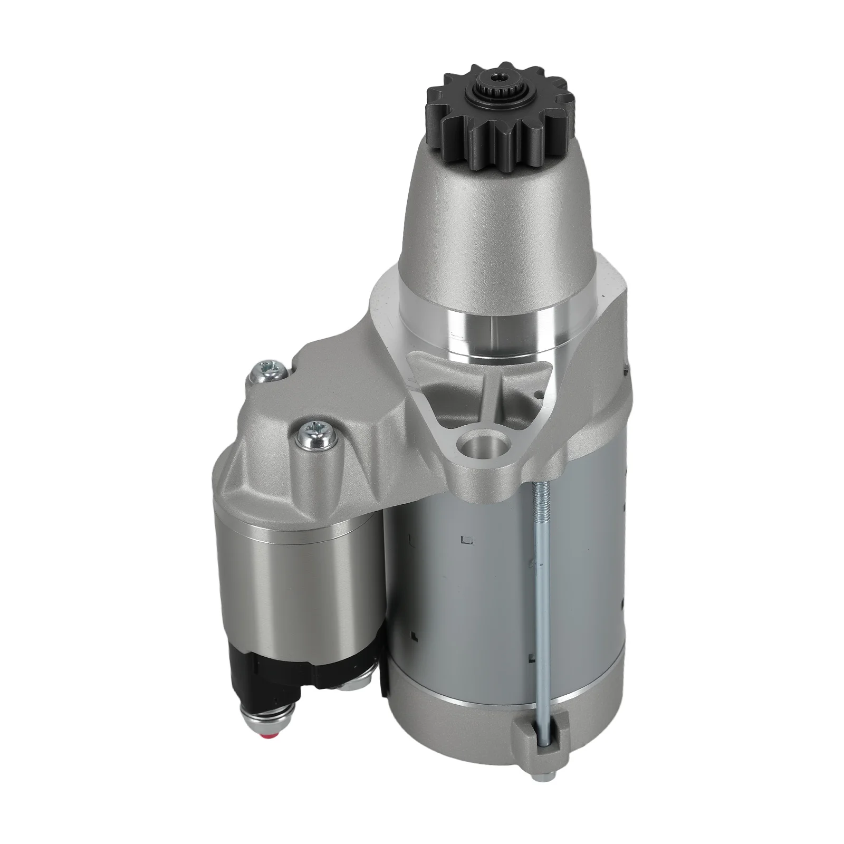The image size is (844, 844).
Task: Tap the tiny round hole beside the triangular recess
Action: pyautogui.click(x=539, y=393)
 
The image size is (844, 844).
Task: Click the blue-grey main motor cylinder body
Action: pyautogui.click(x=464, y=580)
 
